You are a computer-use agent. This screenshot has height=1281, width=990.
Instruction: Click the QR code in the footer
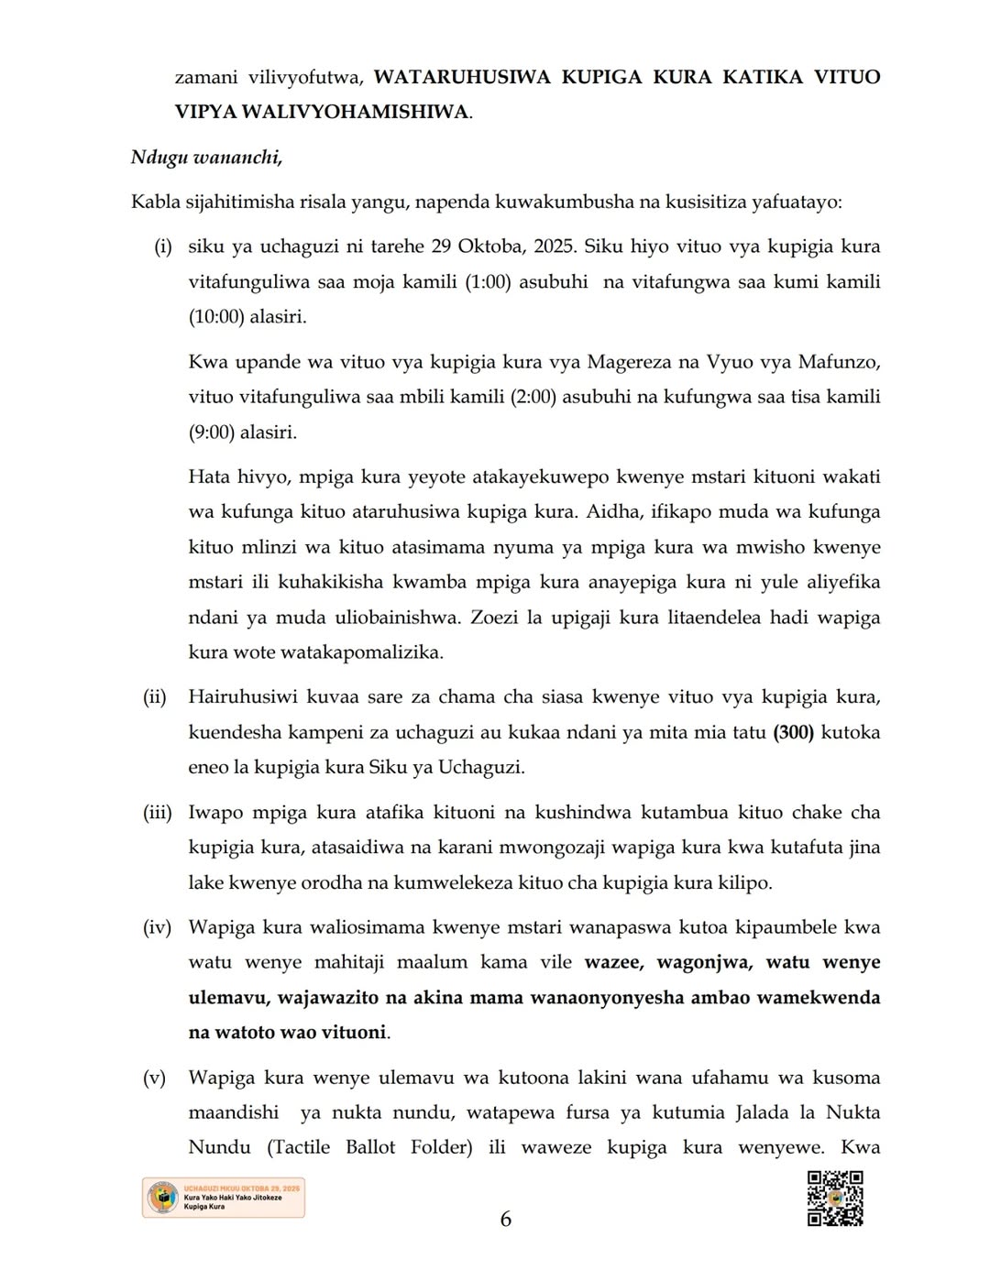pyautogui.click(x=835, y=1199)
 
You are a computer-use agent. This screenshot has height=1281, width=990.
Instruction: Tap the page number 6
pyautogui.click(x=505, y=1219)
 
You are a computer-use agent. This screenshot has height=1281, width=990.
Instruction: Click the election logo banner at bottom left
pyautogui.click(x=224, y=1199)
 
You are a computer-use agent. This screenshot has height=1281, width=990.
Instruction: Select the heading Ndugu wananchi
pyautogui.click(x=206, y=157)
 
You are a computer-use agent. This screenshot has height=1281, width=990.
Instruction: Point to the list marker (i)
pyautogui.click(x=163, y=246)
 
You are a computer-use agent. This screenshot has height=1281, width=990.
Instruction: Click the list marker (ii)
pyautogui.click(x=155, y=697)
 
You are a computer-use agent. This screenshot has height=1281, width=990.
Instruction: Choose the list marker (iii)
pyautogui.click(x=157, y=812)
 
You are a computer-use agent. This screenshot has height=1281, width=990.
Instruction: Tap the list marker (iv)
pyautogui.click(x=157, y=927)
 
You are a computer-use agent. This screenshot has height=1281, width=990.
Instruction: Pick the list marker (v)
pyautogui.click(x=155, y=1078)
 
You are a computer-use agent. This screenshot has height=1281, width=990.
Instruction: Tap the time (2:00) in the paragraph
pyautogui.click(x=533, y=397)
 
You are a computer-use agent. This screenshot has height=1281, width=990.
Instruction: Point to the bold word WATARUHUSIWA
pyautogui.click(x=463, y=77)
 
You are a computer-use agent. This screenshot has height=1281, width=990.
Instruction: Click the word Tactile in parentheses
pyautogui.click(x=303, y=1147)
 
